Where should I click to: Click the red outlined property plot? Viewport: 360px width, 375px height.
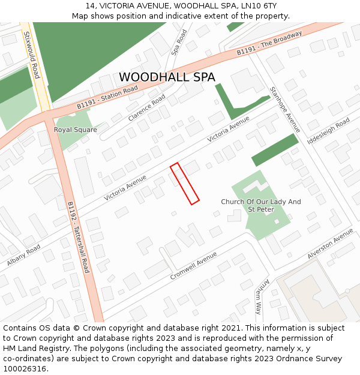pos(185,184)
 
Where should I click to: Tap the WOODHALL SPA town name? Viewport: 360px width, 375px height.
pos(167,77)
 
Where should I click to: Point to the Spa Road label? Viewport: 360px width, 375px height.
pos(179,43)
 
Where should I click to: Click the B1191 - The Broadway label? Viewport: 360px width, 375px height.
pos(269,44)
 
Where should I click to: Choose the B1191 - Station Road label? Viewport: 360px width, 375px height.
pos(107,98)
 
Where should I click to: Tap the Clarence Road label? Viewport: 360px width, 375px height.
pos(146,107)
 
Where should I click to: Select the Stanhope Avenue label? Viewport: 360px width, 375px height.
pos(284,110)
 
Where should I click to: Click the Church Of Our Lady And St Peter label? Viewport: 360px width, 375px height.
pos(261,206)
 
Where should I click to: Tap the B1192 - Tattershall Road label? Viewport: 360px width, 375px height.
pos(78,237)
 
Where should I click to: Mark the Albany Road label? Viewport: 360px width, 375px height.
pos(24,255)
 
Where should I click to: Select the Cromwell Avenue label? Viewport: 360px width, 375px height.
pos(193,266)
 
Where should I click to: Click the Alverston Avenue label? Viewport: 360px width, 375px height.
pos(330,247)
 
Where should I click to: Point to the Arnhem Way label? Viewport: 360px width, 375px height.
pos(259,296)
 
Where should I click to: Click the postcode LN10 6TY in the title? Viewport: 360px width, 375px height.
pos(252,5)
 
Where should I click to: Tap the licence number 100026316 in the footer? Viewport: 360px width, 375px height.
pos(25,369)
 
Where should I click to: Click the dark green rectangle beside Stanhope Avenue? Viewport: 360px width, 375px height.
pos(274,150)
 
